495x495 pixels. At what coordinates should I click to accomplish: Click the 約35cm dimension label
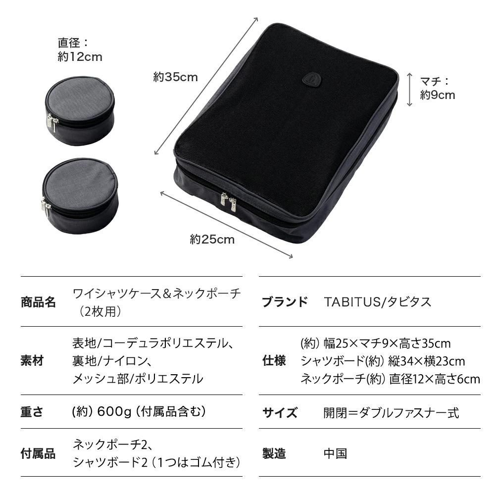click(175, 77)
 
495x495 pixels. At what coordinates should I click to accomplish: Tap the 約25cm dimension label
click(212, 240)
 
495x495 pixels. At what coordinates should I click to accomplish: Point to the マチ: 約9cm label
click(437, 88)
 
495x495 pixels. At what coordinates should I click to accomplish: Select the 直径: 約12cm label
click(80, 50)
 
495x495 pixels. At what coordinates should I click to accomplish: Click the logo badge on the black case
click(311, 78)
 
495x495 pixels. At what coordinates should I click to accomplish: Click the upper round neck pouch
click(80, 108)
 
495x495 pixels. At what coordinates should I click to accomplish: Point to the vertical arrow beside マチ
click(409, 89)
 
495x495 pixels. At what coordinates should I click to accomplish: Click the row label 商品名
click(38, 302)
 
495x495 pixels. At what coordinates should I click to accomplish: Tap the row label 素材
click(32, 361)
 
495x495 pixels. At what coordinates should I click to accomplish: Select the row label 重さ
click(32, 412)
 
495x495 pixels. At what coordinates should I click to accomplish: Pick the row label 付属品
click(38, 453)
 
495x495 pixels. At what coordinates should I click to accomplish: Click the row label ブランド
click(285, 302)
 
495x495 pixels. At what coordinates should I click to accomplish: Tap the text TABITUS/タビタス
click(377, 302)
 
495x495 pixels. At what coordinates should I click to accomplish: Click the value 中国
click(335, 453)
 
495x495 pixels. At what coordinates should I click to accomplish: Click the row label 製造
click(274, 453)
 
